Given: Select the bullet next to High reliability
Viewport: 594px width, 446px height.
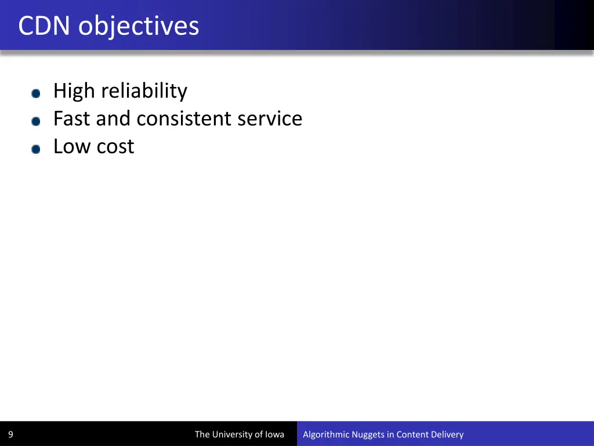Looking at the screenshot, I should coord(36,93).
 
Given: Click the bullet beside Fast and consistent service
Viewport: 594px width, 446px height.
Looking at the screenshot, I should coord(36,121).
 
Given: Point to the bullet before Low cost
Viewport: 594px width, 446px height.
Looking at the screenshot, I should coord(36,149).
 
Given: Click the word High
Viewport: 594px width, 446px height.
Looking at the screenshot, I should coord(74,91).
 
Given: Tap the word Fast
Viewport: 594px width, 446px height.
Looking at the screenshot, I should coord(72,118).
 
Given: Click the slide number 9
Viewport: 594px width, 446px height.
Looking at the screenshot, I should coord(10,434).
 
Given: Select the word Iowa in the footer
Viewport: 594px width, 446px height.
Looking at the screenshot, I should coord(274,434).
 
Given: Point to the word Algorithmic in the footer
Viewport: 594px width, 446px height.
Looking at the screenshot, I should coord(326,434).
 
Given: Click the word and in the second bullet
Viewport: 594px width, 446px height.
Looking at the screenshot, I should coord(114,118).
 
